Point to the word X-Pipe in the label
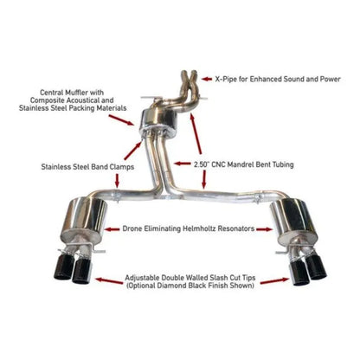click(x=226, y=78)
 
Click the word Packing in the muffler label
click(x=87, y=112)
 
